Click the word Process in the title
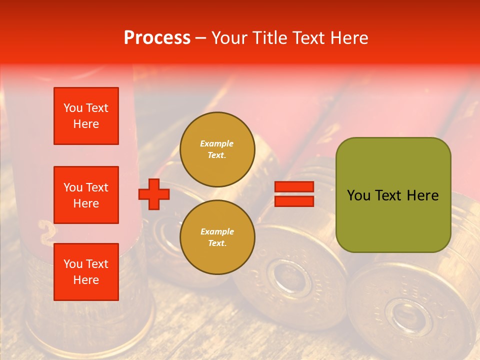[x=157, y=38]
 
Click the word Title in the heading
[x=268, y=38]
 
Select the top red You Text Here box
[x=86, y=116]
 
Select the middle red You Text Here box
[x=86, y=195]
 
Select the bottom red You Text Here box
[x=86, y=272]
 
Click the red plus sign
[x=154, y=194]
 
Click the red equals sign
[x=294, y=194]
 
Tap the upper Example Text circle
[x=217, y=149]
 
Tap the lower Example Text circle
[x=217, y=237]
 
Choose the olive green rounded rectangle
[x=393, y=195]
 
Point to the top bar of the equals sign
[x=294, y=187]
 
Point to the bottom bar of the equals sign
[x=294, y=201]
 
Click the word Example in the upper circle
[x=217, y=143]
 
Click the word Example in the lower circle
[x=217, y=231]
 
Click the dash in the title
[x=200, y=38]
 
